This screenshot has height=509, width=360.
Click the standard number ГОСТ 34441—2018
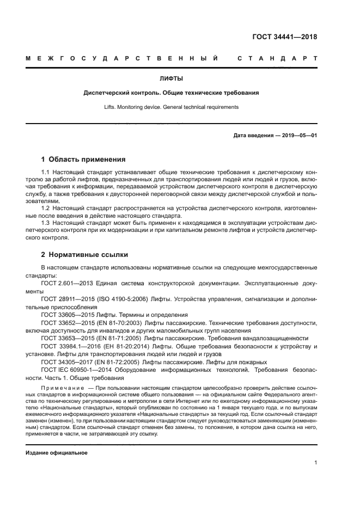(284, 37)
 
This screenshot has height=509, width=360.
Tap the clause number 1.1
(46, 173)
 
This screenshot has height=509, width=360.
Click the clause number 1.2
(46, 208)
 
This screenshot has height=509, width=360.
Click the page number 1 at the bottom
(316, 463)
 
